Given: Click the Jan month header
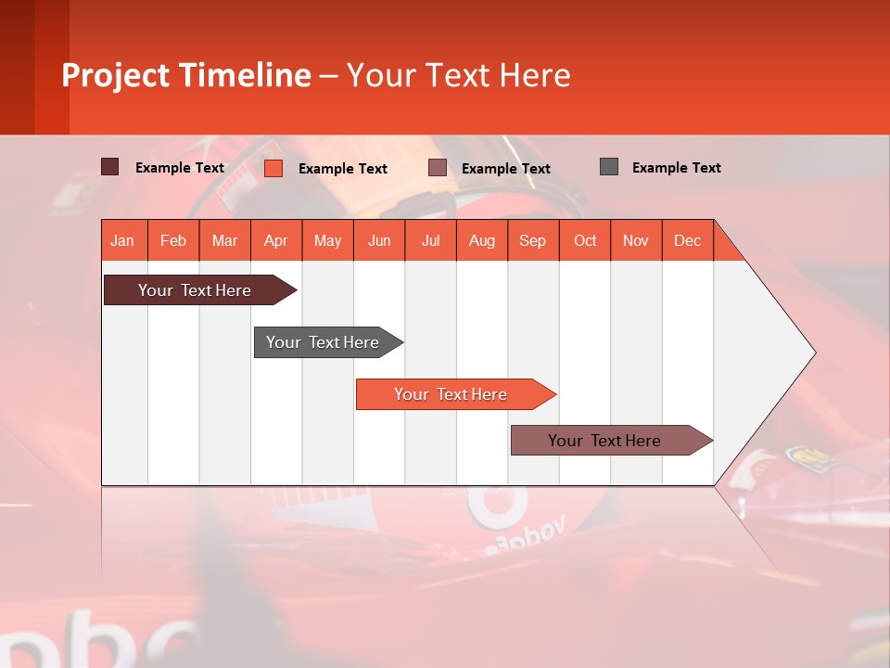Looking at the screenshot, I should click(x=122, y=240).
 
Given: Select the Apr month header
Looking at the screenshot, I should click(x=276, y=240).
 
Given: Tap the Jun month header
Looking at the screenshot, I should click(x=379, y=240).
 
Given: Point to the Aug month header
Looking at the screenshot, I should click(x=482, y=240).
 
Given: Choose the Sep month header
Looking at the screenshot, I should click(x=533, y=240).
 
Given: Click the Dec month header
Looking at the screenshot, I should click(x=687, y=240).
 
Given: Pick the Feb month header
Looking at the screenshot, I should click(x=173, y=240).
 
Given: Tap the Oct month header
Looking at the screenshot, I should click(x=585, y=240).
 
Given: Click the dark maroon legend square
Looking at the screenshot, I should click(x=110, y=167).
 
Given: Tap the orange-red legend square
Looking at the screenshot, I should click(x=273, y=168).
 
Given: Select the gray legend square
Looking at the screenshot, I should click(x=609, y=167).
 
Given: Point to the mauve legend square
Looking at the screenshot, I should click(x=438, y=168).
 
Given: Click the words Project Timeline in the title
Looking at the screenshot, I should click(x=186, y=75).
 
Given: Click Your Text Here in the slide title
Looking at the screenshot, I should click(x=459, y=75).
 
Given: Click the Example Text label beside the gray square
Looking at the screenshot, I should click(x=676, y=168).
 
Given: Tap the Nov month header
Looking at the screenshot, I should click(x=636, y=240).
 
